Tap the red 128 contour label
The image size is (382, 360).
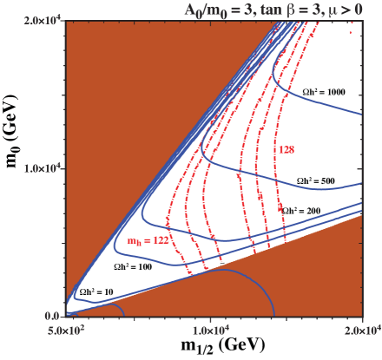tap(287, 149)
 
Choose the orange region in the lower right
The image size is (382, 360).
tap(321, 278)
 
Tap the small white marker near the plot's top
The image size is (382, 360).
tap(269, 54)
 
